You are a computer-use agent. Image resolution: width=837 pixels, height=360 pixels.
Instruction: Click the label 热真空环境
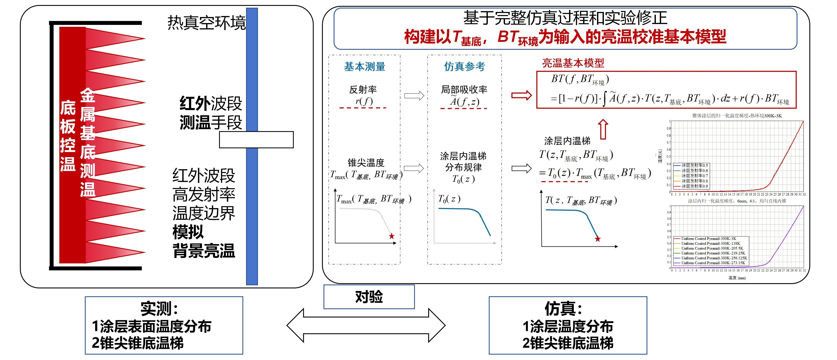pyautogui.click(x=206, y=23)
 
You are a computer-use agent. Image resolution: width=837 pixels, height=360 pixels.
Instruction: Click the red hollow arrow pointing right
pyautogui.click(x=521, y=95)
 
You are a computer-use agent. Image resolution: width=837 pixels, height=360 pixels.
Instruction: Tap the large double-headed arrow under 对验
pyautogui.click(x=366, y=325)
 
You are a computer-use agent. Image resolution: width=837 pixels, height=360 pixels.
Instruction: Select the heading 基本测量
pyautogui.click(x=365, y=67)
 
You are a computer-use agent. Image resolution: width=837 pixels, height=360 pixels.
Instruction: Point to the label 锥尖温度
pyautogui.click(x=366, y=163)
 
